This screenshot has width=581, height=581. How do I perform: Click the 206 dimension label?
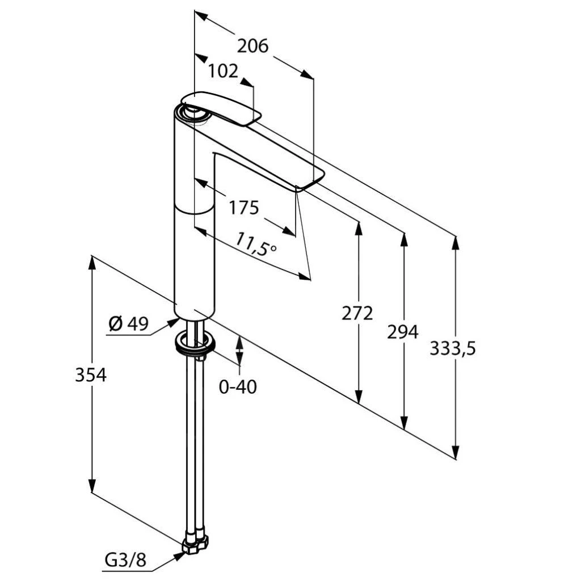[x=252, y=46]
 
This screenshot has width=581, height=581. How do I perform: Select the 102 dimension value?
[x=222, y=71]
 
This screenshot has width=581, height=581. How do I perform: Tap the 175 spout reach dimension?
[x=243, y=207]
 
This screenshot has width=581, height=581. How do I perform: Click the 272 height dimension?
[x=357, y=313]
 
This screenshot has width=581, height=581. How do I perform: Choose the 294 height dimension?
[x=403, y=331]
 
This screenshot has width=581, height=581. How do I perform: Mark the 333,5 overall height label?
[x=452, y=348]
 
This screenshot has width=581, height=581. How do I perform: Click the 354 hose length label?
[x=91, y=375]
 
